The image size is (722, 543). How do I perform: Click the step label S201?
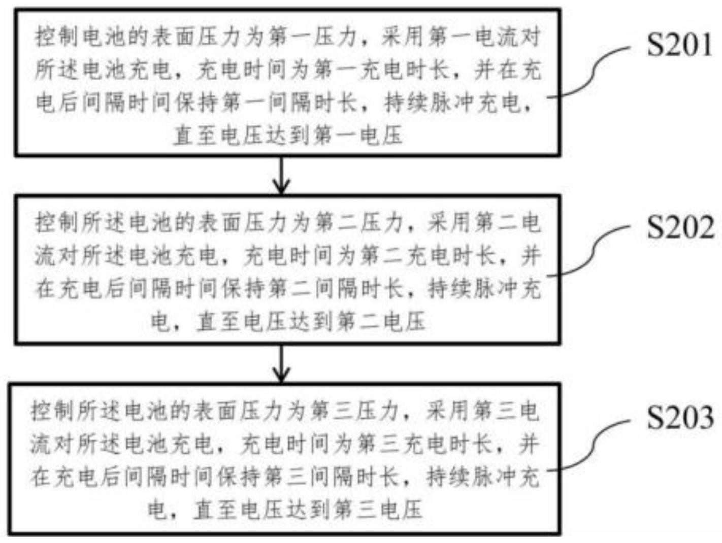click(679, 45)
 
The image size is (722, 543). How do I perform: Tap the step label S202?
click(680, 227)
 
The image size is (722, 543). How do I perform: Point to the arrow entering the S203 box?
click(282, 363)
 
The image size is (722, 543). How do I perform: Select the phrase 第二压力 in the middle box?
click(359, 223)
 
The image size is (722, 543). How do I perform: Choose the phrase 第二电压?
click(382, 321)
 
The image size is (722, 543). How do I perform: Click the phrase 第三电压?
click(378, 509)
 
